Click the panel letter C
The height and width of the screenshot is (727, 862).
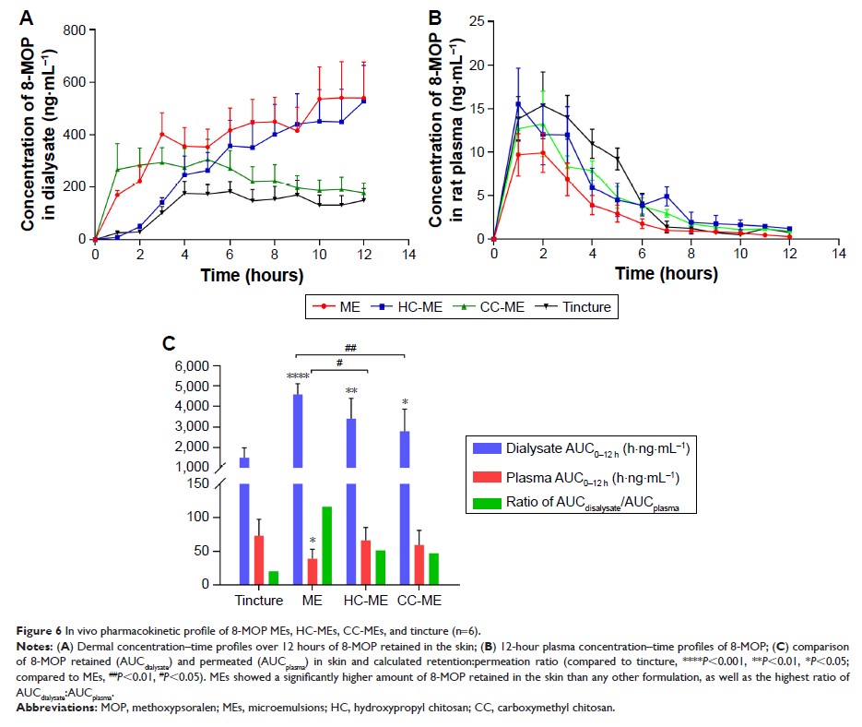click(169, 343)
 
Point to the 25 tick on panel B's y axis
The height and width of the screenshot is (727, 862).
click(476, 22)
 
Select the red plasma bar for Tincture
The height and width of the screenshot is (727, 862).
click(260, 560)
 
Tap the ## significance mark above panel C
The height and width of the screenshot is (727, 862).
click(350, 349)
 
